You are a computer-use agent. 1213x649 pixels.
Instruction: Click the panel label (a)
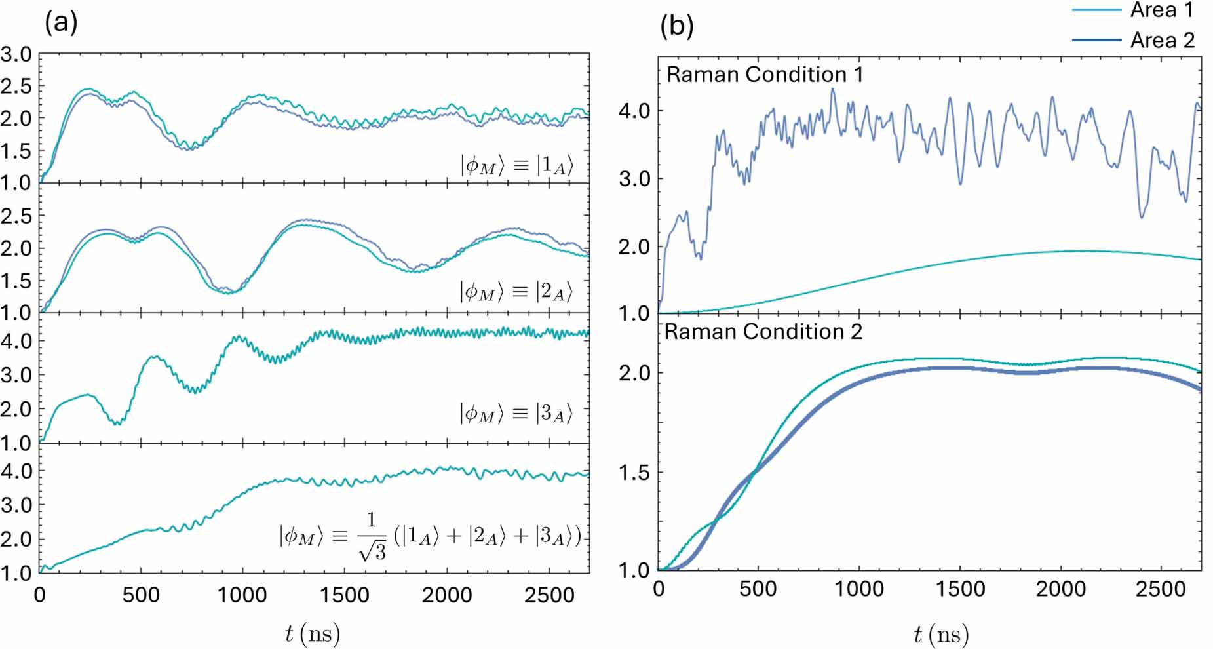coord(61,23)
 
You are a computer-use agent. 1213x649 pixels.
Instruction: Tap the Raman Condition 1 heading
coord(764,75)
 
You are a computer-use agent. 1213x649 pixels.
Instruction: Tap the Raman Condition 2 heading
coord(763,332)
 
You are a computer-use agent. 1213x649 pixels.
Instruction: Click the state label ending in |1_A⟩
coord(516,165)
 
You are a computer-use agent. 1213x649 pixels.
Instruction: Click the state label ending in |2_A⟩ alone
coord(516,291)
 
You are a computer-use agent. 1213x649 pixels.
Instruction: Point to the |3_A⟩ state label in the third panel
coord(516,413)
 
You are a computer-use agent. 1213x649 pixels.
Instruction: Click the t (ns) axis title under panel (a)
coord(313,634)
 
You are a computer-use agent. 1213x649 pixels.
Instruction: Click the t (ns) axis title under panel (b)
coord(940,634)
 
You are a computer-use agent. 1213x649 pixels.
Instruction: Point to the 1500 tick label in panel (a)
coord(345,595)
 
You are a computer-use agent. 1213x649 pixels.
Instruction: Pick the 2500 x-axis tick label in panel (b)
coord(1160,589)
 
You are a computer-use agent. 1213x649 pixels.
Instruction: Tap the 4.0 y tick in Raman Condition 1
coord(634,110)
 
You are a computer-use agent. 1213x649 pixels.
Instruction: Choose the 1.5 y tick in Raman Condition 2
coord(634,473)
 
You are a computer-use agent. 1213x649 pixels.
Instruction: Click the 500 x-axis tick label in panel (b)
coord(758,589)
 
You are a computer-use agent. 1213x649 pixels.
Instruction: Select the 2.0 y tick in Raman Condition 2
coord(634,373)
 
